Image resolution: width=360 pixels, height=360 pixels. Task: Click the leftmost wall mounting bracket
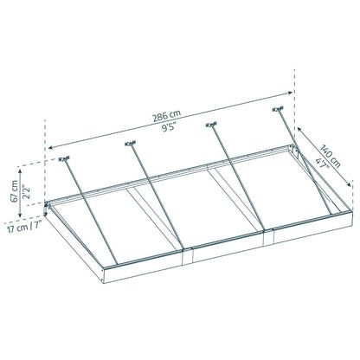pyautogui.click(x=63, y=160)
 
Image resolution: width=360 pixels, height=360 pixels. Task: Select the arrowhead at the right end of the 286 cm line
pyautogui.click(x=294, y=87)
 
